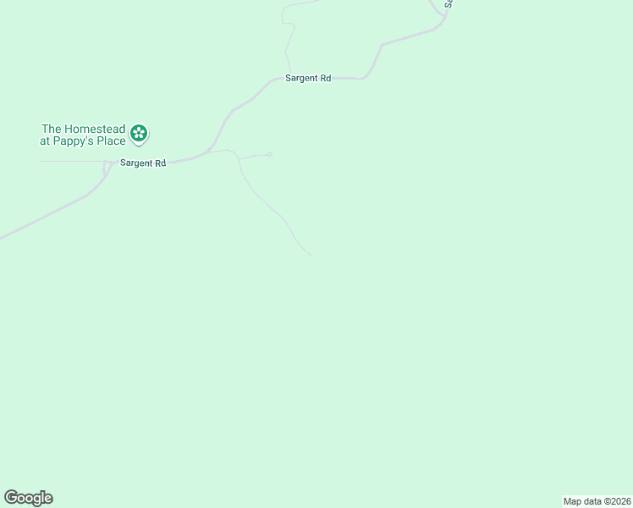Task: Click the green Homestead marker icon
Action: pos(140,133)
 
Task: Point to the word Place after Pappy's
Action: pos(111,141)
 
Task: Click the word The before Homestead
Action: pos(52,129)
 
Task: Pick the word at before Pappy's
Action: pos(45,141)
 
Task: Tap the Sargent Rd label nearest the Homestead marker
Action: pos(142,163)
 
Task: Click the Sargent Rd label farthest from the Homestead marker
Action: pos(307,78)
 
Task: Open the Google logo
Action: pos(28,498)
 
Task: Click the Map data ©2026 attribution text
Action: pos(597,501)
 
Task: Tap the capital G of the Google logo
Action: pos(12,497)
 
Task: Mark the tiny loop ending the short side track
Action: pos(269,154)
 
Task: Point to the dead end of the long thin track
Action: pos(311,255)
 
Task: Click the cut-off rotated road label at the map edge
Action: pos(449,3)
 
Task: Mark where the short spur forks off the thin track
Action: pos(239,158)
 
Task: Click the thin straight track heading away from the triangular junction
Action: pos(72,161)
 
